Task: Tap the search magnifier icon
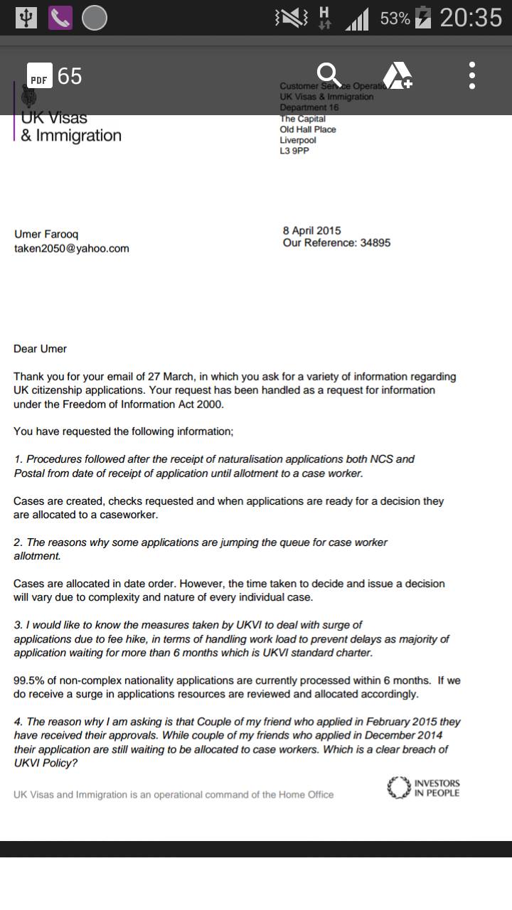[x=329, y=74]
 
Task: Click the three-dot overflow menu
[x=472, y=75]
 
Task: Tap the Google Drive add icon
[x=398, y=75]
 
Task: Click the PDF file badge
[x=39, y=76]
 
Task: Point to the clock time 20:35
[x=471, y=18]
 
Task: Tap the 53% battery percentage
[x=395, y=18]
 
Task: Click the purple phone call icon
[x=60, y=18]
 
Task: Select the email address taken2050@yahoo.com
[x=72, y=248]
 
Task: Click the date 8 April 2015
[x=311, y=230]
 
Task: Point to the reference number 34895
[x=375, y=242]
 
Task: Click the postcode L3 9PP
[x=294, y=151]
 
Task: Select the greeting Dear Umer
[x=40, y=348]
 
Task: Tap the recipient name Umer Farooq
[x=47, y=234]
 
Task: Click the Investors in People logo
[x=424, y=788]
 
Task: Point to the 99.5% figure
[x=28, y=680]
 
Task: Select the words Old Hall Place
[x=308, y=129]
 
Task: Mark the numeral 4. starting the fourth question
[x=18, y=722]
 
